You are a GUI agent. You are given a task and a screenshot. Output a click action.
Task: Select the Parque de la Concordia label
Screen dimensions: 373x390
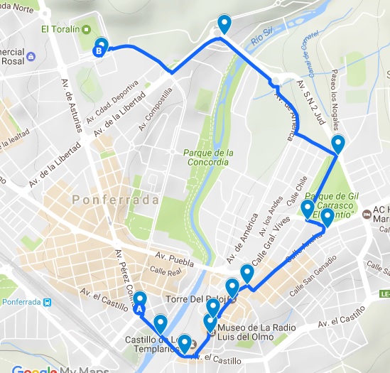208,157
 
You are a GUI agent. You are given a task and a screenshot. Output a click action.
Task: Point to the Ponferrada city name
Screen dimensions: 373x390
115,200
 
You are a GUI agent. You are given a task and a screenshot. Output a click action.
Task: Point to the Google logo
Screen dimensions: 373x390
34,368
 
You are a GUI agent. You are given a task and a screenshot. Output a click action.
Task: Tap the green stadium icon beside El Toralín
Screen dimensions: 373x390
85,30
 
